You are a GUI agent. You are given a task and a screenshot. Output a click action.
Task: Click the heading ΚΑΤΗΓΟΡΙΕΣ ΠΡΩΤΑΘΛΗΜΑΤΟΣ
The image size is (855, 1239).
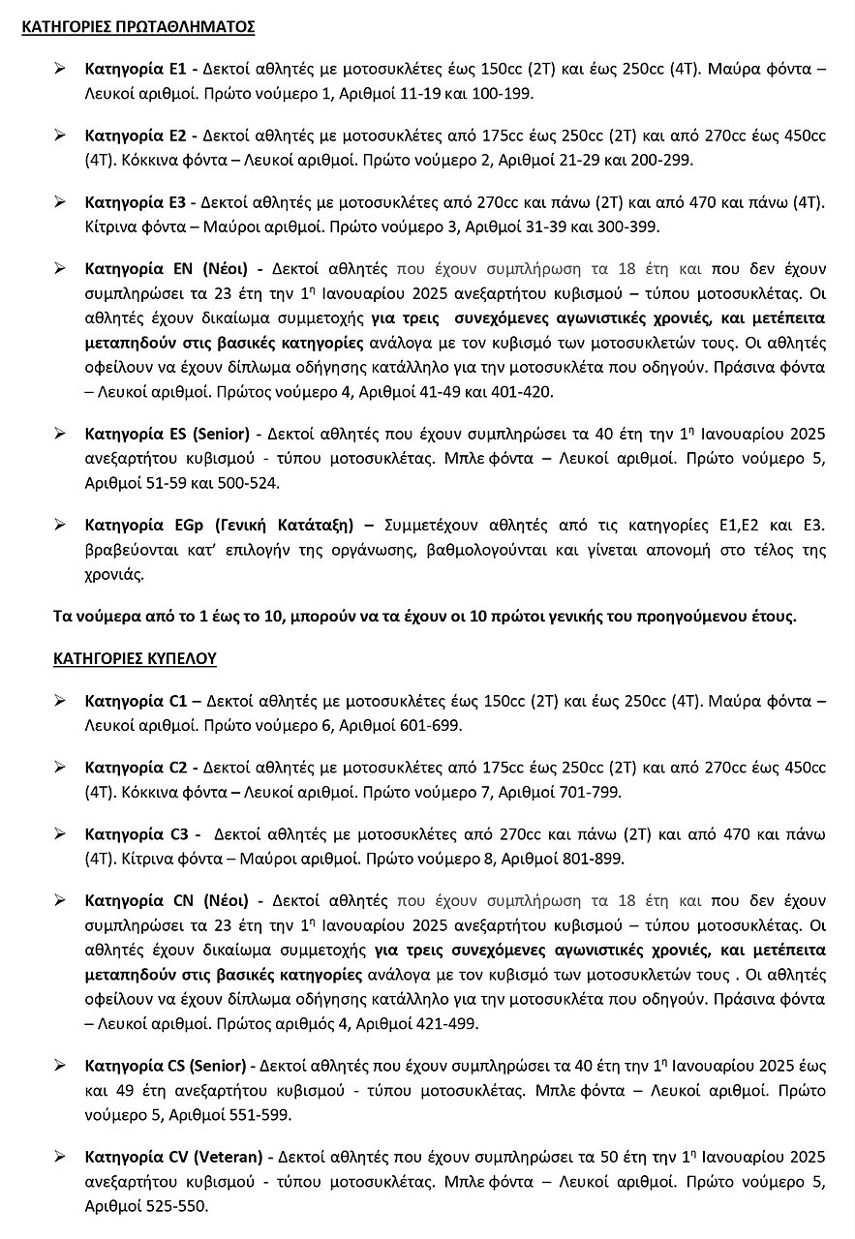(x=137, y=27)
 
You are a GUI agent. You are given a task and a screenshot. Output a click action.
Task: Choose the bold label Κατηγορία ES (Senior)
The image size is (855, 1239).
(x=167, y=433)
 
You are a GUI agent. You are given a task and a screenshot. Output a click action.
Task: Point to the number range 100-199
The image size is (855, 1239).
(x=504, y=94)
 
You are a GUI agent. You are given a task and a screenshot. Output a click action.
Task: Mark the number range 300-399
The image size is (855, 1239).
(x=629, y=226)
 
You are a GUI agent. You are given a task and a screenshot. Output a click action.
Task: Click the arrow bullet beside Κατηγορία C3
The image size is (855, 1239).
(x=60, y=833)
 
